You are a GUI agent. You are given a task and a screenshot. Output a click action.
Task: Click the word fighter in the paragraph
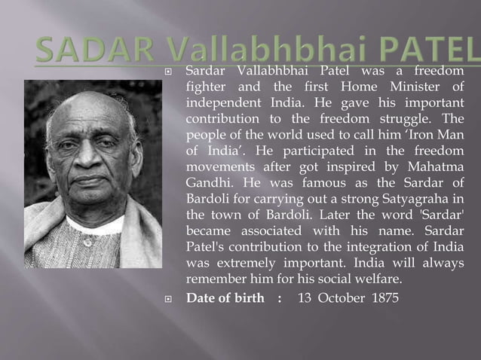(x=207, y=87)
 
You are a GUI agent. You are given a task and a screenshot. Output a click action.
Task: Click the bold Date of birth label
(x=225, y=297)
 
